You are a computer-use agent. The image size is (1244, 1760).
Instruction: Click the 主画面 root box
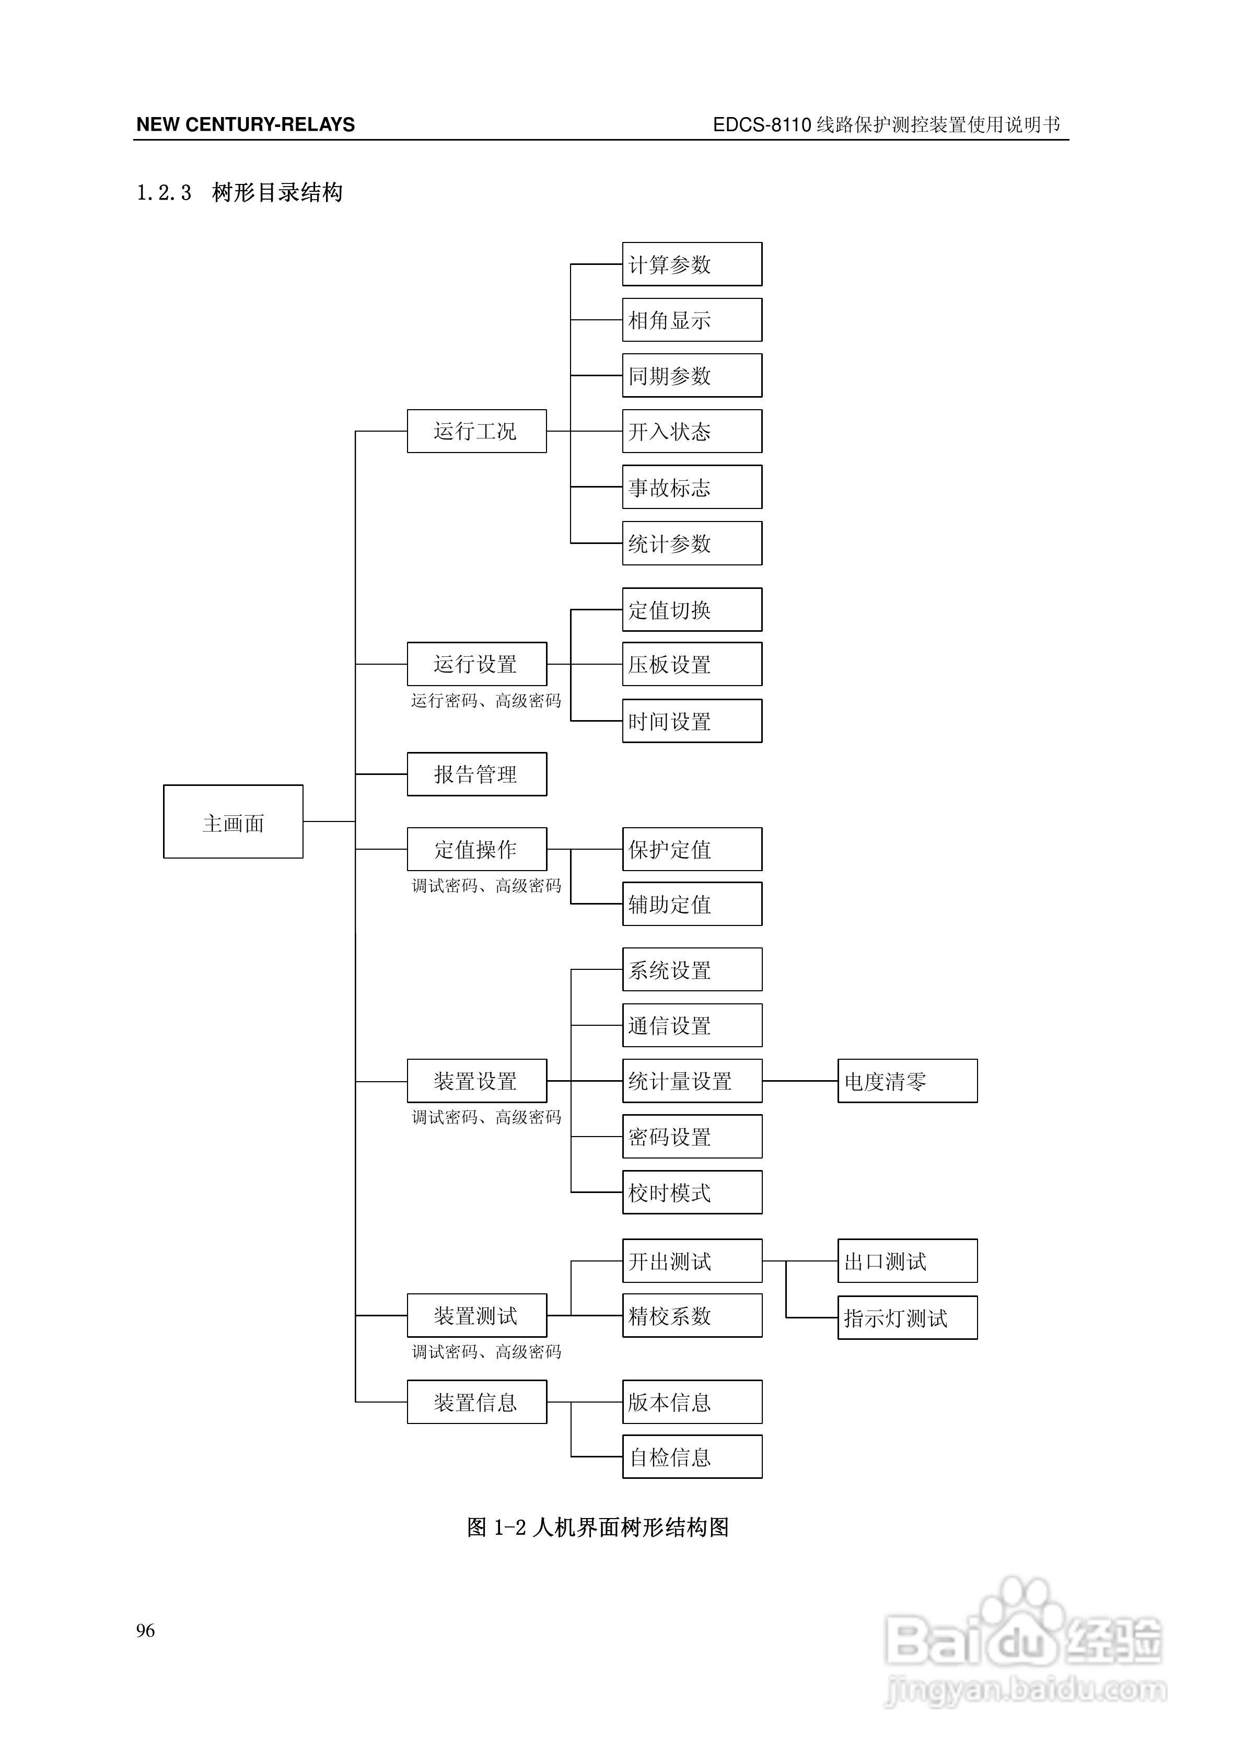pyautogui.click(x=233, y=821)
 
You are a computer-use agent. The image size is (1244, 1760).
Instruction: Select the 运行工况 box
pyautogui.click(x=476, y=431)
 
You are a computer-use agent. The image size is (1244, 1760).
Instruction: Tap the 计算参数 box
pyautogui.click(x=691, y=264)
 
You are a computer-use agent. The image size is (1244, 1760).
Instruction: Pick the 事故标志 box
pyautogui.click(x=691, y=487)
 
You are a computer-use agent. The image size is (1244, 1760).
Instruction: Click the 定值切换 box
pyautogui.click(x=691, y=609)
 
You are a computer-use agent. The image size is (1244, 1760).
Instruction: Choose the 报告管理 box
pyautogui.click(x=476, y=774)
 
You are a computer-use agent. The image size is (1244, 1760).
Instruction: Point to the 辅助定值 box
pyautogui.click(x=691, y=904)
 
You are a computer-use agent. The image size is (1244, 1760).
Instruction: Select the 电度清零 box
pyautogui.click(x=907, y=1081)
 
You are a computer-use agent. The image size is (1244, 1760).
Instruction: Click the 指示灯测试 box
pyautogui.click(x=907, y=1317)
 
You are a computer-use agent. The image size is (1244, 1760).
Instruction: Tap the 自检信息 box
pyautogui.click(x=691, y=1456)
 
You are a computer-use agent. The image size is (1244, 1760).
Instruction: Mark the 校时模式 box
pyautogui.click(x=691, y=1192)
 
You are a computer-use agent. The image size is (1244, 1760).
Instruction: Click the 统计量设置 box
pyautogui.click(x=691, y=1081)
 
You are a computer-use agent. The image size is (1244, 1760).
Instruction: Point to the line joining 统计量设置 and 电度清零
pyautogui.click(x=799, y=1081)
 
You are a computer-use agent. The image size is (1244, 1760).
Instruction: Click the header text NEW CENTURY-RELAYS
pyautogui.click(x=245, y=125)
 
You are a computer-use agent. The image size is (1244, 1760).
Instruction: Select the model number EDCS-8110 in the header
pyautogui.click(x=761, y=125)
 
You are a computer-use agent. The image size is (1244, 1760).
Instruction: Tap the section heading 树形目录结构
pyautogui.click(x=277, y=192)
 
